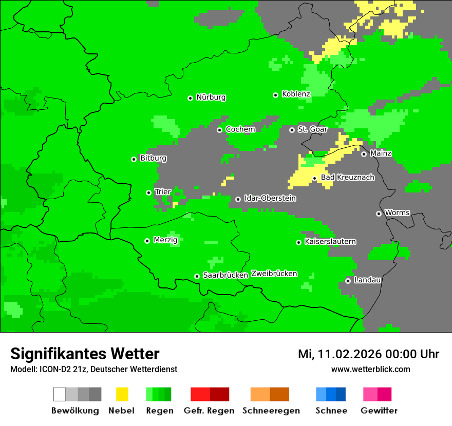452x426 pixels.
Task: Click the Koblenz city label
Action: point(296,94)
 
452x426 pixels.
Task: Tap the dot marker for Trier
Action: point(149,192)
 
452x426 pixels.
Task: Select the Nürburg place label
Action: point(211,97)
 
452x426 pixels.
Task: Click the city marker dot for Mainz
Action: point(364,154)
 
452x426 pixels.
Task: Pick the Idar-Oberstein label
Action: point(270,198)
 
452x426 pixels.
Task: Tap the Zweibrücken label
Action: point(274,274)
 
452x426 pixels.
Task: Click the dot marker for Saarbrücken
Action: point(197,276)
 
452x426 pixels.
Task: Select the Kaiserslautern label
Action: point(330,241)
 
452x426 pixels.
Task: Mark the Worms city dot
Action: point(379,214)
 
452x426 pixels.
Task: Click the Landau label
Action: point(367,280)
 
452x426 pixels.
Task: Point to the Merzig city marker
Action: point(147,241)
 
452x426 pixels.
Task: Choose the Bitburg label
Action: point(153,158)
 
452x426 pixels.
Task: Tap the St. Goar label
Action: point(312,129)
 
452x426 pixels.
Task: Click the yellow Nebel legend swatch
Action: point(122,394)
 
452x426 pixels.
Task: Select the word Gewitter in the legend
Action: point(379,411)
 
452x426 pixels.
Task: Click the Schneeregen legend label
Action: point(271,411)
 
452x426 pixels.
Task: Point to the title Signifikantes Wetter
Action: point(85,354)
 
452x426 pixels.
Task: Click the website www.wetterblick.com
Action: point(370,370)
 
